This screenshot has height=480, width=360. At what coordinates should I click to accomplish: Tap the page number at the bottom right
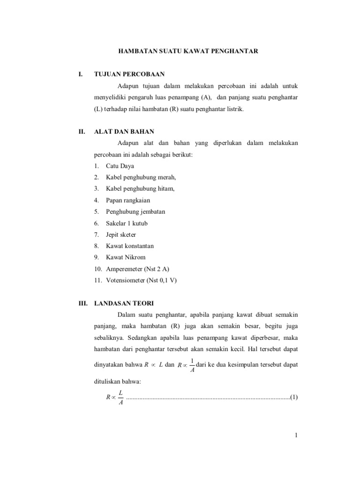pos(297,436)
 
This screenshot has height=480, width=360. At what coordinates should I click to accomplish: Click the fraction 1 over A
pos(192,364)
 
